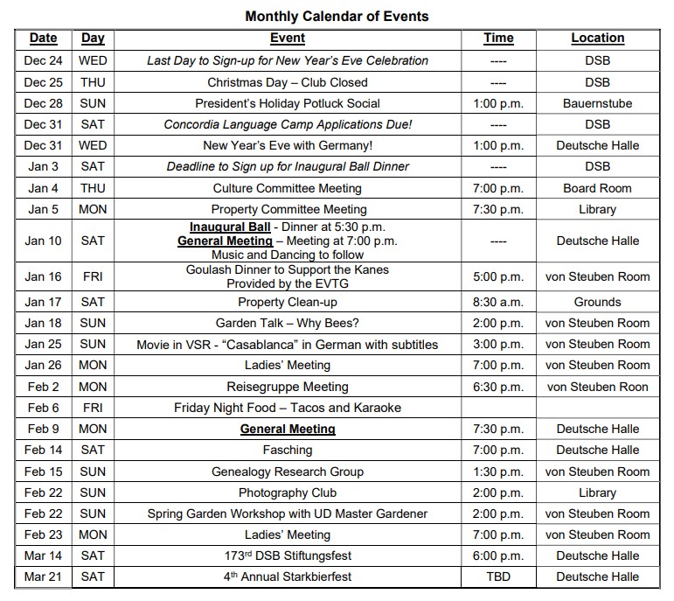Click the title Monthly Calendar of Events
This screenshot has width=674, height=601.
337,16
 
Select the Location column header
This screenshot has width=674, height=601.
597,38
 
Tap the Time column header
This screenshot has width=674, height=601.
498,38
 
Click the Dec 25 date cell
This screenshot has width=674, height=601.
44,82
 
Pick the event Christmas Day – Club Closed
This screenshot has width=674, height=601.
288,82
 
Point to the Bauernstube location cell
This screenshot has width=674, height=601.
597,103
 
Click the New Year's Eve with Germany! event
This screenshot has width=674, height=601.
288,145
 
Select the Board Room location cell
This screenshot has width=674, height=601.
597,188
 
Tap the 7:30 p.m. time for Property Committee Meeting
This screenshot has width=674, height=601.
498,209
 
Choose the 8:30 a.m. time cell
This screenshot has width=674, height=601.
498,302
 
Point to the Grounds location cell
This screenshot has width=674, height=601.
597,302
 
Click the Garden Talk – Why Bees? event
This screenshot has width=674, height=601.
288,323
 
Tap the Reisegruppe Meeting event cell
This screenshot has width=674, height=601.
288,387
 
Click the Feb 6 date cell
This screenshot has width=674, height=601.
44,408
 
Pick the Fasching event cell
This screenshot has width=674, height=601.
288,450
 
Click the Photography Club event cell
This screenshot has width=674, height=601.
288,493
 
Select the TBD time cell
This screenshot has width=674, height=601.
498,577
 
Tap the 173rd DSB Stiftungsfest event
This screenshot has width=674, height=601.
288,556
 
